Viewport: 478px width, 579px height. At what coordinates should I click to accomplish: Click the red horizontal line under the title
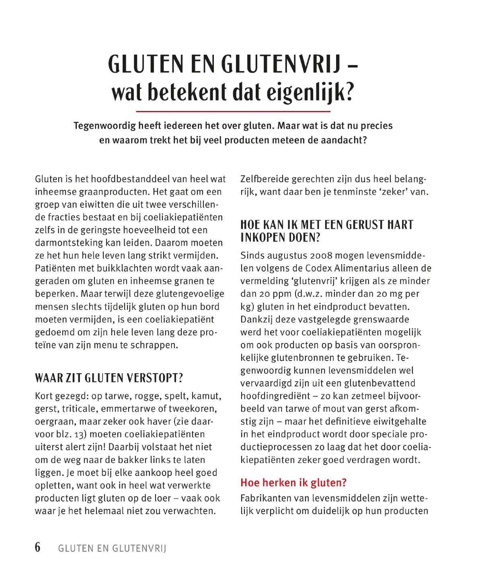[x=233, y=111]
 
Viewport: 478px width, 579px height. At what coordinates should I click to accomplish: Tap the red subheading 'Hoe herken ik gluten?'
[x=293, y=482]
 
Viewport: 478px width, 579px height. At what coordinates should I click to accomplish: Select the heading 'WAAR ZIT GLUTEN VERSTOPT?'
[x=109, y=378]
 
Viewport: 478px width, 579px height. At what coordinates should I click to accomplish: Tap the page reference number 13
[x=79, y=435]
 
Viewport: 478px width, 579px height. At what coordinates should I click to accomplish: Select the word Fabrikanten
[x=266, y=498]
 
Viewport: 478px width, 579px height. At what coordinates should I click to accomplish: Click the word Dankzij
[x=256, y=320]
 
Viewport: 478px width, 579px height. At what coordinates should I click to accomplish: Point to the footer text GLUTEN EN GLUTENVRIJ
[x=112, y=548]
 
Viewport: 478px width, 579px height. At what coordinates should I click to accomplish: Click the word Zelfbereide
[x=265, y=179]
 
